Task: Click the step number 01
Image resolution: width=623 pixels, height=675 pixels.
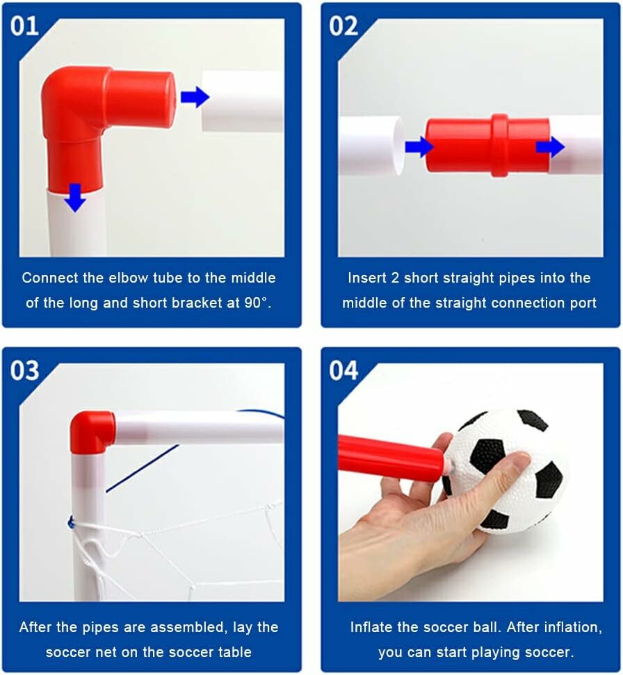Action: point(24,26)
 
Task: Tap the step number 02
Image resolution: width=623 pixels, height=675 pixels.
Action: point(343,26)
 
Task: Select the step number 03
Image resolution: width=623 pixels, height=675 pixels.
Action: point(24,370)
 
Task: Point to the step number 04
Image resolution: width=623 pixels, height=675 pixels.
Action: point(343,370)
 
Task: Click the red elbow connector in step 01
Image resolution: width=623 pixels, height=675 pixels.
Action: point(86,108)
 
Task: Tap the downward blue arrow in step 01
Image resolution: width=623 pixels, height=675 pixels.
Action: point(76,197)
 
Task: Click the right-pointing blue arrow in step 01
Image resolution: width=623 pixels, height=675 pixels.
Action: point(195,97)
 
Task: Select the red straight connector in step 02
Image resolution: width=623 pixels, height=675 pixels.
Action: point(487,146)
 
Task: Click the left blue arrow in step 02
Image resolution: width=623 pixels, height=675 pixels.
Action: point(419,147)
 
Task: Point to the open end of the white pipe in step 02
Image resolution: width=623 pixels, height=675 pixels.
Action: point(399,146)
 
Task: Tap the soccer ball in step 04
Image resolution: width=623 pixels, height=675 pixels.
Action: point(507,472)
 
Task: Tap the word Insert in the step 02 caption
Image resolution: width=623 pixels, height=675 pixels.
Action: point(366,278)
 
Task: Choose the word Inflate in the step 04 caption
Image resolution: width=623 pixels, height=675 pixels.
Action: point(371,627)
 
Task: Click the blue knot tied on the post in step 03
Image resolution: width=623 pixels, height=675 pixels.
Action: point(71,524)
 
